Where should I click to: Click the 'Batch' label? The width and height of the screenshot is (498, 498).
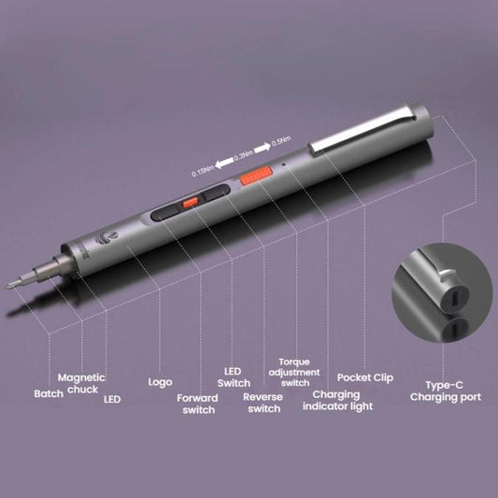[x=50, y=393]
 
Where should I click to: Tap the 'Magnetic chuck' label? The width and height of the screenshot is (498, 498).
[x=81, y=383]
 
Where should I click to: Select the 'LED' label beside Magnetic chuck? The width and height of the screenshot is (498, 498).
[x=112, y=399]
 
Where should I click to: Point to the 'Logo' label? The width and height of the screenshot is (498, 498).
[x=160, y=382]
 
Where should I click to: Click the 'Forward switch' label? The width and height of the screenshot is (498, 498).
[x=197, y=404]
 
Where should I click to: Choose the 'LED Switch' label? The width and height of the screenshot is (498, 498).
[x=234, y=377]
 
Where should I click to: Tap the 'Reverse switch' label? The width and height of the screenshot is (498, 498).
[x=262, y=403]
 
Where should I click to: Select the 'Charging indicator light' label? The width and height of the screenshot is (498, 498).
[x=336, y=400]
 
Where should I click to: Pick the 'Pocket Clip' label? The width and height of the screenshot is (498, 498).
[x=365, y=377]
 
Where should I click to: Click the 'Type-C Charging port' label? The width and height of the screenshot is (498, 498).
[x=446, y=391]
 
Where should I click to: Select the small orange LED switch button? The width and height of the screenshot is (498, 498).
[x=190, y=201]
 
